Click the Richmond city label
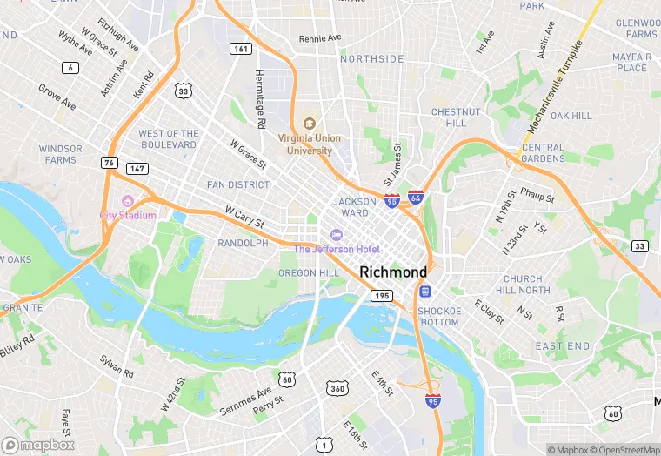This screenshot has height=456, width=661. (x=393, y=272)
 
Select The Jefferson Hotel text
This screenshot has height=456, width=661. (x=336, y=249)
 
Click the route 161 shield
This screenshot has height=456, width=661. (x=242, y=49)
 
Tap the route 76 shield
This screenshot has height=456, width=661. (x=109, y=163)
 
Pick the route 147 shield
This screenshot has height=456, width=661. (x=136, y=168)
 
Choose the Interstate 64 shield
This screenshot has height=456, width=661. (x=416, y=200)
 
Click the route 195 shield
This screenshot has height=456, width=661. (x=381, y=296)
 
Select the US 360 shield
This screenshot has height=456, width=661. (x=337, y=387)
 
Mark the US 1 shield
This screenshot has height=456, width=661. (x=324, y=444)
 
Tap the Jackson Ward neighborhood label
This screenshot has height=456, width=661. (x=355, y=207)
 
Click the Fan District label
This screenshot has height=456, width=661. (x=237, y=184)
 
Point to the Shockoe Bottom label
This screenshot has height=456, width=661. (x=437, y=317)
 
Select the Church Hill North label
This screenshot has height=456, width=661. (x=523, y=285)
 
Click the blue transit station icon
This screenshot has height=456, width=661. (x=424, y=291)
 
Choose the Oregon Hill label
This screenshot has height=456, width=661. (x=308, y=272)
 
